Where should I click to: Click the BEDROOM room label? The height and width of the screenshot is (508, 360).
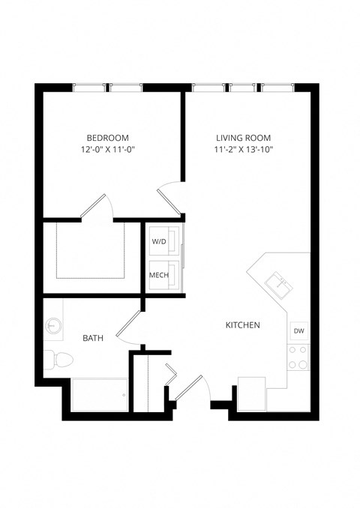tap(107, 138)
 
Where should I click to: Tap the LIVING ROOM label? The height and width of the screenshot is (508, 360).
tap(243, 138)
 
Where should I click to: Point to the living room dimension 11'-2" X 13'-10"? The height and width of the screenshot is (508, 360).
tap(243, 150)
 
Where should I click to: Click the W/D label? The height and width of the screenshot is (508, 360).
tap(159, 242)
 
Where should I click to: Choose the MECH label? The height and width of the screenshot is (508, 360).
tap(159, 275)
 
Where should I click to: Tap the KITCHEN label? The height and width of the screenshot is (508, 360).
tap(243, 325)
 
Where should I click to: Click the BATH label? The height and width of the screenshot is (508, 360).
tap(92, 339)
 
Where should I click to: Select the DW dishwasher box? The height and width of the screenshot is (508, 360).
tap(298, 330)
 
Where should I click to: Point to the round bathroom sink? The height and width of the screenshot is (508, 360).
tap(53, 326)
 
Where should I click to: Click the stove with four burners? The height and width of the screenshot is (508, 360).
tap(298, 357)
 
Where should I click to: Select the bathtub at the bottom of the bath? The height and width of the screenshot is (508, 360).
tap(100, 395)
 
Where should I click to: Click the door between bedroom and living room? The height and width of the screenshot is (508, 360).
tap(169, 197)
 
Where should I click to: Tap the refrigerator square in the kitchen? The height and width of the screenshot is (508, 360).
tap(250, 393)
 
